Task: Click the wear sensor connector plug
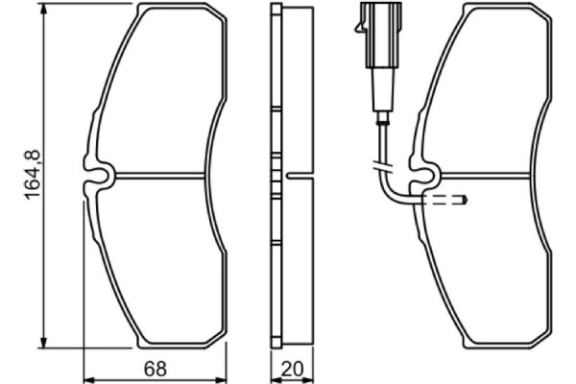tap(371, 21)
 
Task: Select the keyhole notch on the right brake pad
tap(422, 176)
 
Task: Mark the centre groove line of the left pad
tap(158, 175)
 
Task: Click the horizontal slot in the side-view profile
tap(298, 176)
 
